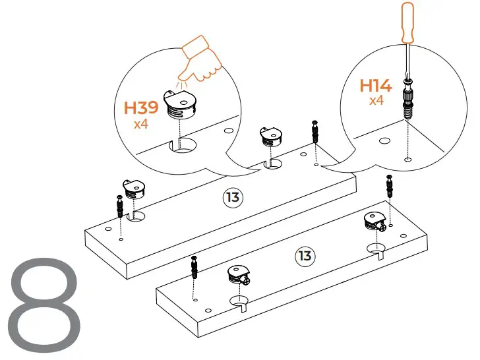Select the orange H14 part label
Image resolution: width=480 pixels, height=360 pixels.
(x=375, y=86)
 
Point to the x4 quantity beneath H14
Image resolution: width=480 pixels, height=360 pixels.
(x=376, y=101)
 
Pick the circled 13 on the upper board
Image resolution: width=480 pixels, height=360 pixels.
(x=231, y=198)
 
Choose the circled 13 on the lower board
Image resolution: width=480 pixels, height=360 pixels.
(x=303, y=255)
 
